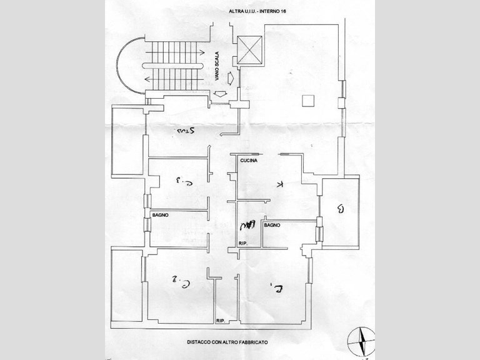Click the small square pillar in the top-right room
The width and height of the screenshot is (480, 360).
click(x=307, y=101)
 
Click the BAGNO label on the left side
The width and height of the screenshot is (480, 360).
click(x=161, y=215)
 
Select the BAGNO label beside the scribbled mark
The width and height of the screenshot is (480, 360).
click(x=271, y=224)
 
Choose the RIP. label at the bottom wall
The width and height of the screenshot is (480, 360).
click(x=221, y=321)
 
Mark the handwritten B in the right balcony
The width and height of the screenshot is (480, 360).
click(x=340, y=209)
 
